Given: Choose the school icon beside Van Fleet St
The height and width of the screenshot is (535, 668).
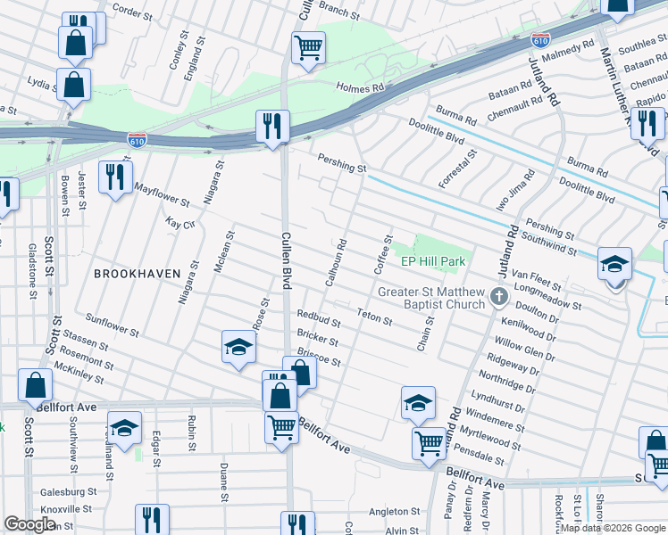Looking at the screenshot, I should (614, 265).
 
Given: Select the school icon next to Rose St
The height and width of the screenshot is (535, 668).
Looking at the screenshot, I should (238, 347).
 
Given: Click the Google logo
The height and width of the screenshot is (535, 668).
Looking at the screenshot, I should (30, 523).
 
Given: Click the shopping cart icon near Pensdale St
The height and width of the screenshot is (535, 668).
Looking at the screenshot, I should (429, 441).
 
